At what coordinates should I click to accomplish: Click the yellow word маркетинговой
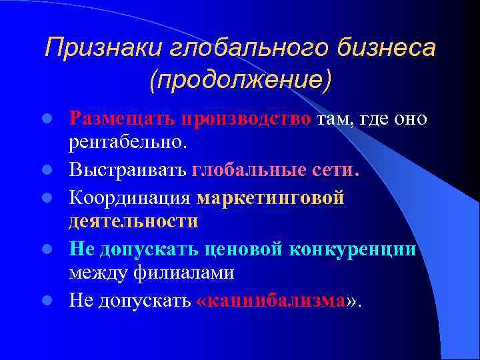click(271, 198)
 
